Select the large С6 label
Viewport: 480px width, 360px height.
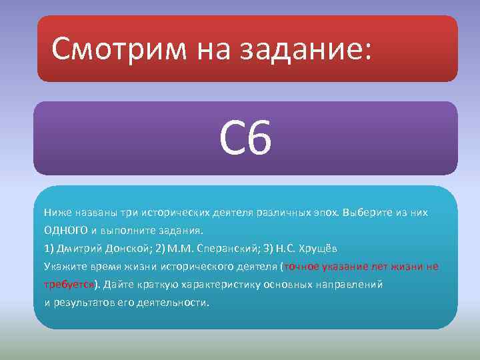[245, 139]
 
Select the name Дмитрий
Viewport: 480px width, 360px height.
[78, 248]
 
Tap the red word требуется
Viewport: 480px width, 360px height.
[69, 284]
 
